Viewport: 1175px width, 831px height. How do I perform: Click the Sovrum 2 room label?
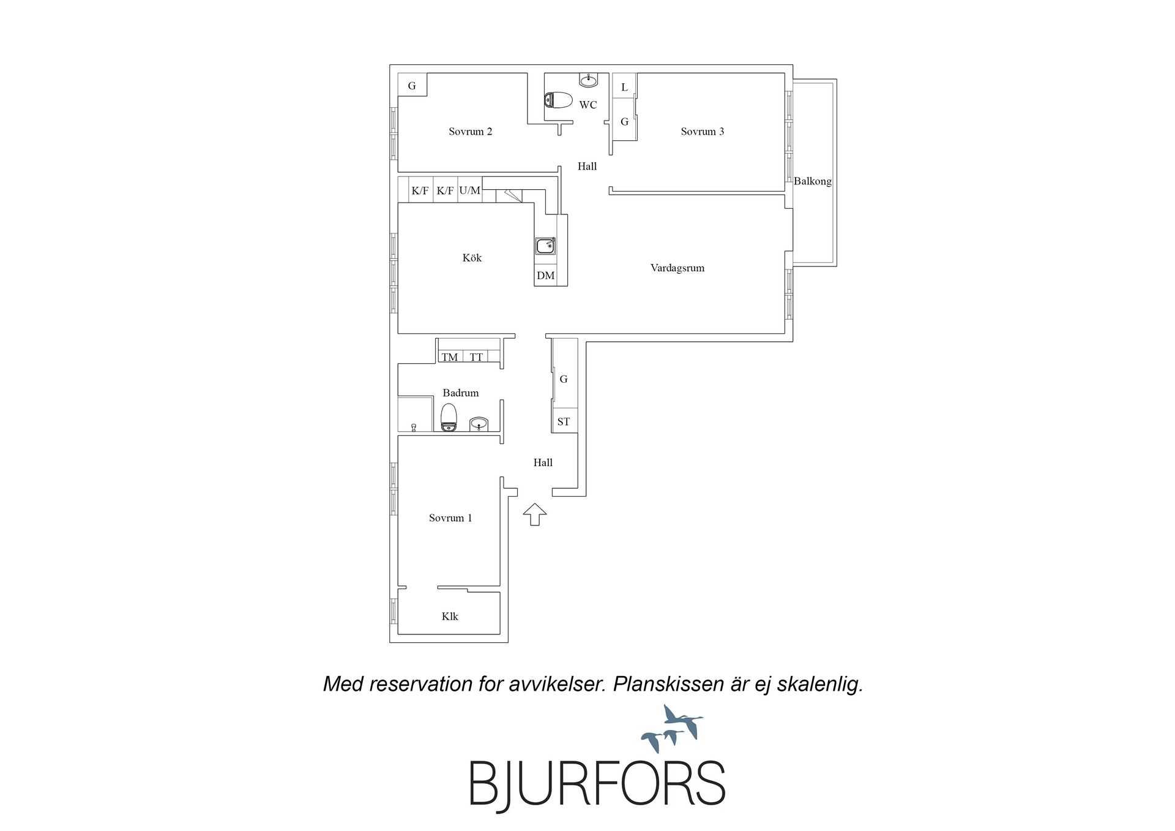coord(470,132)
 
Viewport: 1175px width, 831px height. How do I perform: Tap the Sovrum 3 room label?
coord(703,132)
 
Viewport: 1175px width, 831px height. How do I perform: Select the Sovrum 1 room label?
coord(450,518)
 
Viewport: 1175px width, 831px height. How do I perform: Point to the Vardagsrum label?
coord(677,268)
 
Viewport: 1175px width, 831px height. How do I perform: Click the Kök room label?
coord(472,258)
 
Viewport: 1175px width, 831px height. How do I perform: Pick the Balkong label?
coord(813,181)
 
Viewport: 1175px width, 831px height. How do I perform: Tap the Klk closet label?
coord(450,617)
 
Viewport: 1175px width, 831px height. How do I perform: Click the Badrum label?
coord(461,393)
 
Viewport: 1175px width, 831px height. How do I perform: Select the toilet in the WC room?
coord(558,100)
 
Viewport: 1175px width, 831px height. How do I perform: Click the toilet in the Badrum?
coord(449,417)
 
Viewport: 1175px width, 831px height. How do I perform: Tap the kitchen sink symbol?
coord(545,246)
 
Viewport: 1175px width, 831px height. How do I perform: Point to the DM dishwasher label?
coord(546,276)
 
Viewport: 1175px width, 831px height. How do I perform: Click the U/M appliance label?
coord(470,190)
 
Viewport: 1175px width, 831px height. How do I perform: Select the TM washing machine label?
coord(450,357)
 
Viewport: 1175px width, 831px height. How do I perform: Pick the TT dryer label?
coord(476,357)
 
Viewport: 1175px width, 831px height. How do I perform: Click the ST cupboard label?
coord(564,422)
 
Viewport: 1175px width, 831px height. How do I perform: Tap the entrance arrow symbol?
coord(535,514)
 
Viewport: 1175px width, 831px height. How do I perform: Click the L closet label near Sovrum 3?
coord(624,88)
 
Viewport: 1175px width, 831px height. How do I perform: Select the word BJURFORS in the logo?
coord(597,783)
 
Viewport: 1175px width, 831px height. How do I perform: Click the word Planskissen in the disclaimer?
coord(669,684)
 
